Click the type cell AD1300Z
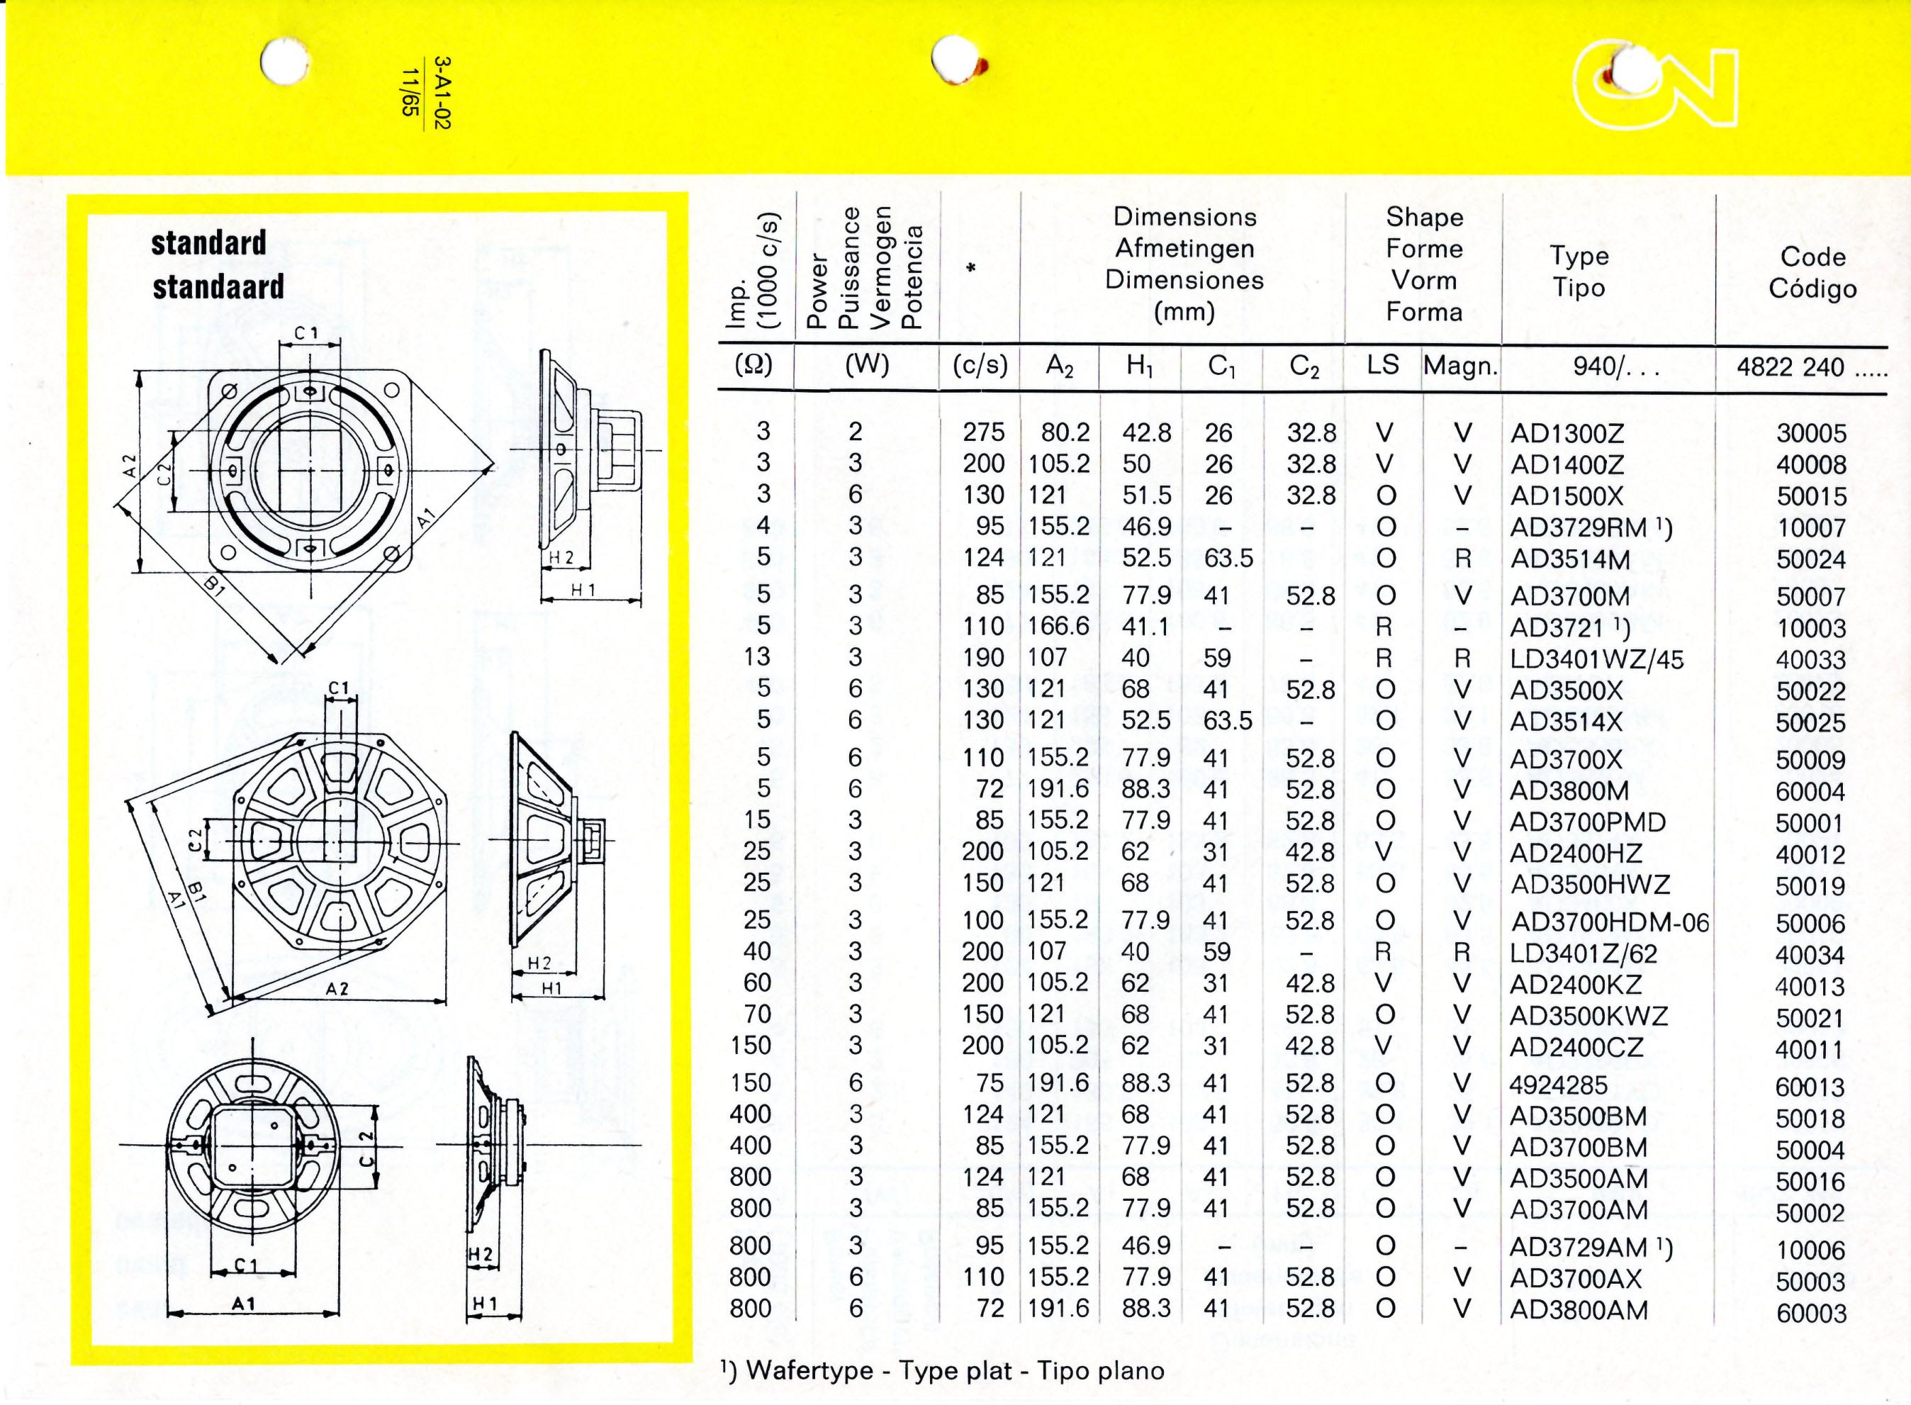[x=1567, y=434]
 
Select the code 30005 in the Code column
[x=1812, y=434]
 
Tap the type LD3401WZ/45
[x=1596, y=659]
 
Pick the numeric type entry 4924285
[x=1559, y=1085]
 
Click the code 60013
[x=1810, y=1087]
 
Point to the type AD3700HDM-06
[x=1610, y=922]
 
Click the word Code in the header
[x=1812, y=257]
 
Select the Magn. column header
[x=1460, y=366]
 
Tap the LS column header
[x=1383, y=365]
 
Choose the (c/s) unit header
[x=980, y=365]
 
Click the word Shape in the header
[x=1425, y=218]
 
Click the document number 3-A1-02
[x=442, y=93]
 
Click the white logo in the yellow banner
[x=1654, y=95]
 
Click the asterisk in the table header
[x=971, y=269]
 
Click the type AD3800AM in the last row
[x=1579, y=1310]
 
